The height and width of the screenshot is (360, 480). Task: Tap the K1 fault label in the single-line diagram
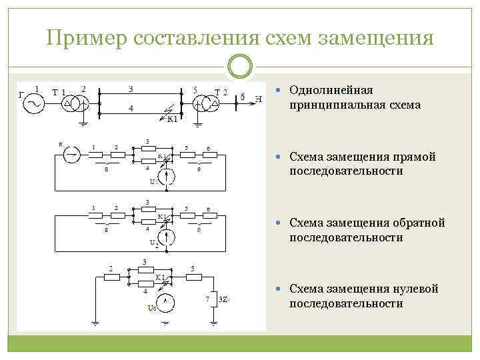click(x=172, y=119)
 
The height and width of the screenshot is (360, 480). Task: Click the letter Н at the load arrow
click(x=259, y=100)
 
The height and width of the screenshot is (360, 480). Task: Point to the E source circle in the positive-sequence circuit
click(x=70, y=155)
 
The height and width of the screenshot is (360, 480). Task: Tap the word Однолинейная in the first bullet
click(x=331, y=90)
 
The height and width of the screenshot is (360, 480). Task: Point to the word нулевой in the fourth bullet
click(x=416, y=289)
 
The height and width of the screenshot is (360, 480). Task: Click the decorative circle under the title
click(x=240, y=68)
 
